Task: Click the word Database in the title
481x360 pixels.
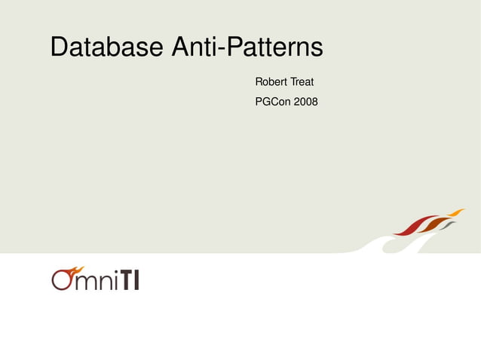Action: pyautogui.click(x=106, y=47)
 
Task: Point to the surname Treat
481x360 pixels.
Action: pyautogui.click(x=302, y=81)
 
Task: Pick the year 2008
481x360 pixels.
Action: pyautogui.click(x=306, y=101)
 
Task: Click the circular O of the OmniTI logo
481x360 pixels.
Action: pyautogui.click(x=63, y=280)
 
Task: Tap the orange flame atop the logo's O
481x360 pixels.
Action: pyautogui.click(x=74, y=269)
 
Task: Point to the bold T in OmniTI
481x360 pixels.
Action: pyautogui.click(x=124, y=281)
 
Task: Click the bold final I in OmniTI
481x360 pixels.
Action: pyautogui.click(x=136, y=281)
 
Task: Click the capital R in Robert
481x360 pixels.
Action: pyautogui.click(x=259, y=81)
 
